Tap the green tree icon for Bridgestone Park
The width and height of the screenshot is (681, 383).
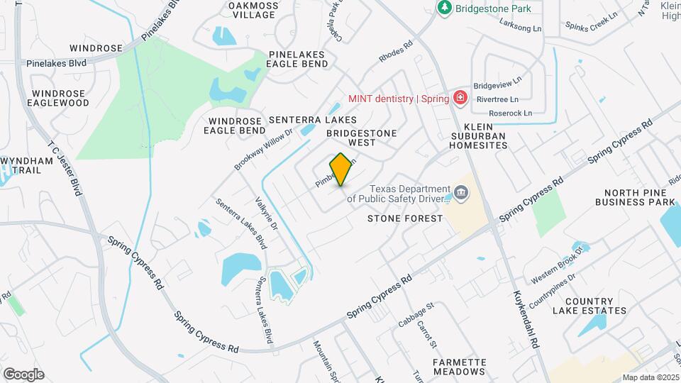pyautogui.click(x=445, y=8)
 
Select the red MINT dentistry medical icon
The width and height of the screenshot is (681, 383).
pyautogui.click(x=460, y=98)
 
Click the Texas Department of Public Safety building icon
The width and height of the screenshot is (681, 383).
pyautogui.click(x=460, y=192)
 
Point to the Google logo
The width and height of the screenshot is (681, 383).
pyautogui.click(x=23, y=374)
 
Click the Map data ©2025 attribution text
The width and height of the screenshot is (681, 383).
pyautogui.click(x=650, y=377)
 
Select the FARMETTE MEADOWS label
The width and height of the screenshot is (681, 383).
pyautogui.click(x=460, y=367)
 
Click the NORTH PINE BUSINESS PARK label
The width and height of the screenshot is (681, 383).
pyautogui.click(x=639, y=197)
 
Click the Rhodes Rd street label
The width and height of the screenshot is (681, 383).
pyautogui.click(x=396, y=55)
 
